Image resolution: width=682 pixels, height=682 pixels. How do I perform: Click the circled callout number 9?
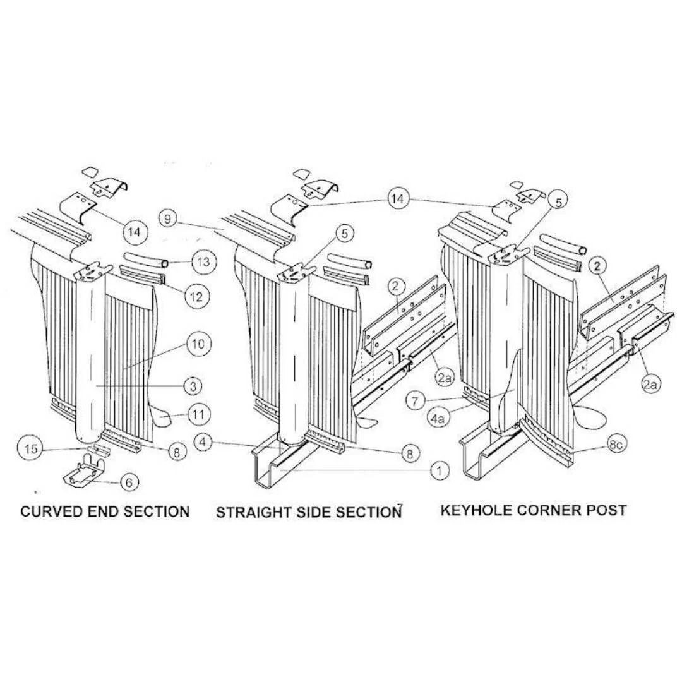point(169,218)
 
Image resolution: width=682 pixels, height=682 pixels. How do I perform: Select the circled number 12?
point(196,296)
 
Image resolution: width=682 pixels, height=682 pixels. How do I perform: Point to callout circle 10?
point(198,344)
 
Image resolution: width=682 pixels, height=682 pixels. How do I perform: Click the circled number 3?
point(193,386)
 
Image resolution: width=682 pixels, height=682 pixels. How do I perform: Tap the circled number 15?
point(30,449)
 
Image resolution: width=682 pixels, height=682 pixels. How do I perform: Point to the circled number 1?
point(440,470)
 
